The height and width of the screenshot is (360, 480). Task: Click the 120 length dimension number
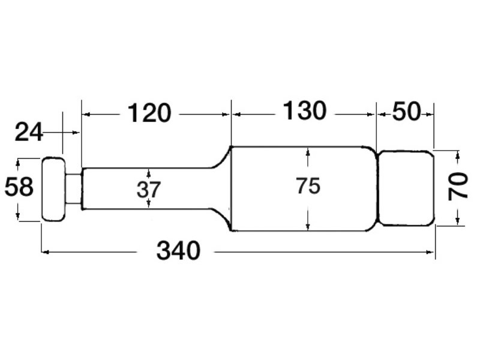(x=149, y=113)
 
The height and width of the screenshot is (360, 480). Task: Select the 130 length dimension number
(x=305, y=110)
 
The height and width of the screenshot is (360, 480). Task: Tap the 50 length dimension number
(x=406, y=112)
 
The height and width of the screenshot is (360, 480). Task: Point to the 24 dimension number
(x=28, y=132)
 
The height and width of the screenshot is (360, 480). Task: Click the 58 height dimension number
(x=19, y=187)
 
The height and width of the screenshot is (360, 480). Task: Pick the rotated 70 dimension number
(x=458, y=187)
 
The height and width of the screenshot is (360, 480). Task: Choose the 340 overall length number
(x=178, y=251)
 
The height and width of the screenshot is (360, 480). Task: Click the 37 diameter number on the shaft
(x=148, y=190)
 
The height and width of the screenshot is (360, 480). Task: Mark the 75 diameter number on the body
(x=308, y=186)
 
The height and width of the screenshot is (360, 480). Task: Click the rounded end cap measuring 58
(x=53, y=189)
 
